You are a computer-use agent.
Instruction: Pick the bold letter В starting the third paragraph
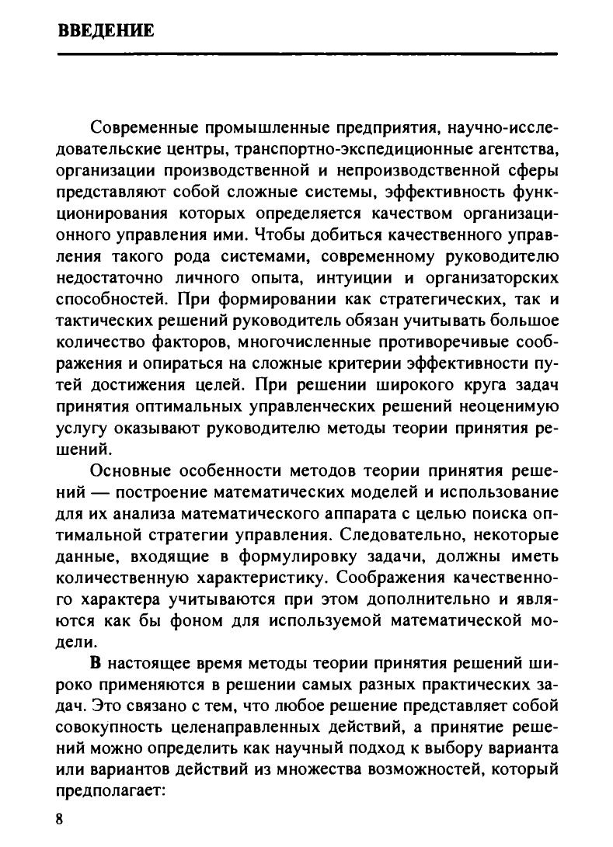click(96, 665)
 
